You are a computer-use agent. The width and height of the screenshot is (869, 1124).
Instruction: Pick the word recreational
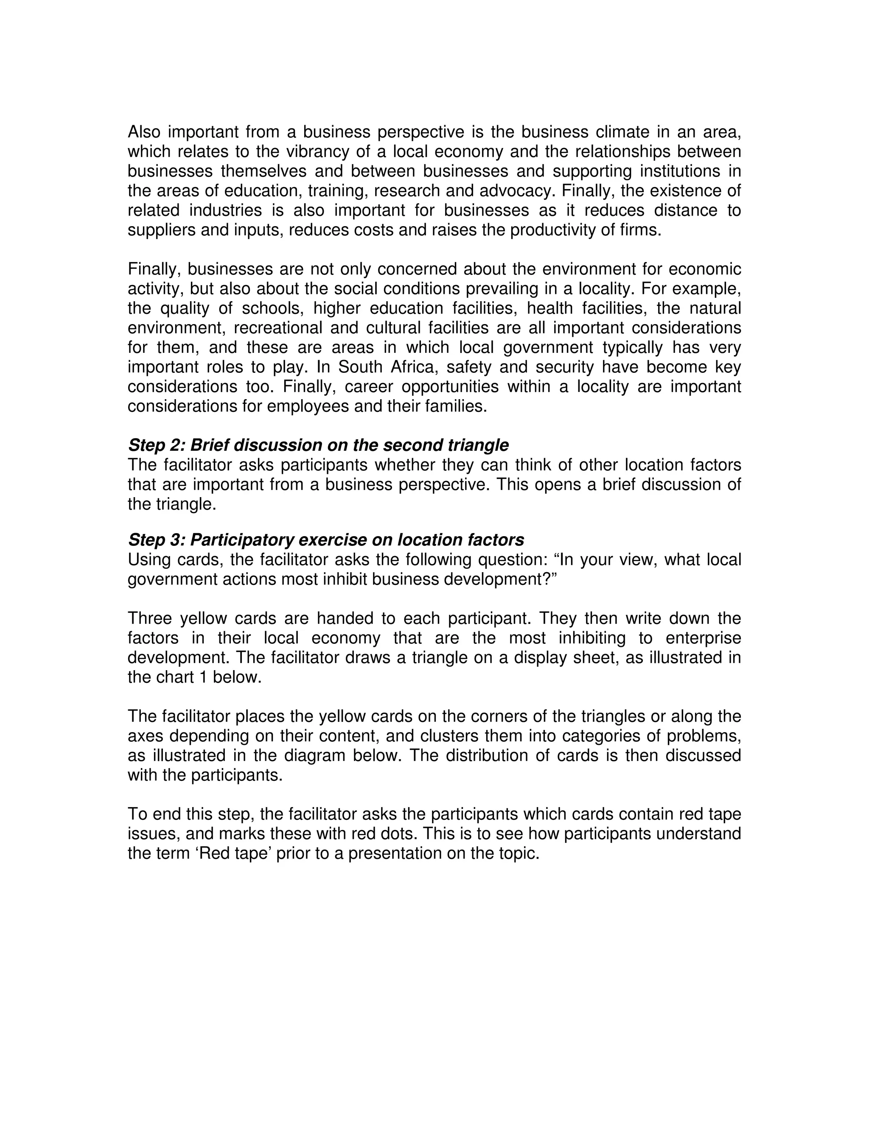tap(277, 328)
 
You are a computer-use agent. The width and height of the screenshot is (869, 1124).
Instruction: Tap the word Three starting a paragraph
tap(149, 618)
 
